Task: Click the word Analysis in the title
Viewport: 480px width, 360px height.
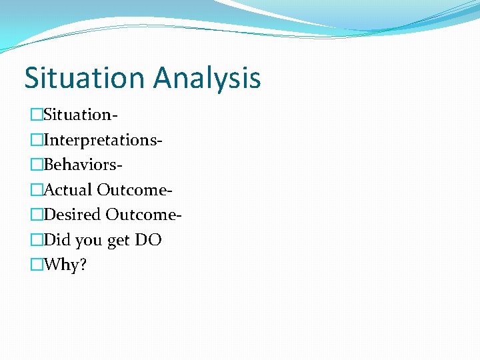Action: click(207, 79)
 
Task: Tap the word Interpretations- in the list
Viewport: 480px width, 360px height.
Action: click(103, 140)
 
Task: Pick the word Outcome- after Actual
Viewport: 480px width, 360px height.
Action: click(135, 190)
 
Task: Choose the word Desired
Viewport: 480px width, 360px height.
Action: click(72, 215)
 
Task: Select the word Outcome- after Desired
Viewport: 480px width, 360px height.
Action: click(144, 215)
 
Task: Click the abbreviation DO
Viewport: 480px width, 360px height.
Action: click(148, 240)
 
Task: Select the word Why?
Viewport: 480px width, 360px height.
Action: click(65, 265)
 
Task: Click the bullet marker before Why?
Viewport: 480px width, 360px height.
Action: click(36, 265)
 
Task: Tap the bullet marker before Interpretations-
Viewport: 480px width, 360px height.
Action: click(36, 140)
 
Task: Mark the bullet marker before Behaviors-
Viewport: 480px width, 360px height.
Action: click(36, 165)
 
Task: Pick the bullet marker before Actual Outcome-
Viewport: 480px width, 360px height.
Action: click(36, 190)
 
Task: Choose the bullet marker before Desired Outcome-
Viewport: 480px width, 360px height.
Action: click(36, 215)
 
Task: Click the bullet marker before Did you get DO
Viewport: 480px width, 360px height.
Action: click(36, 240)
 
